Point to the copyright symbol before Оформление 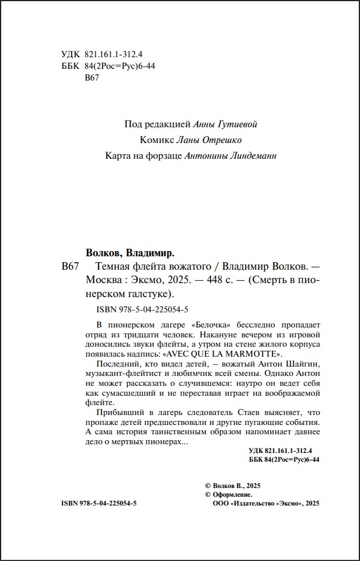tap(208, 494)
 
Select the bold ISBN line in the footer tap(98, 503)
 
